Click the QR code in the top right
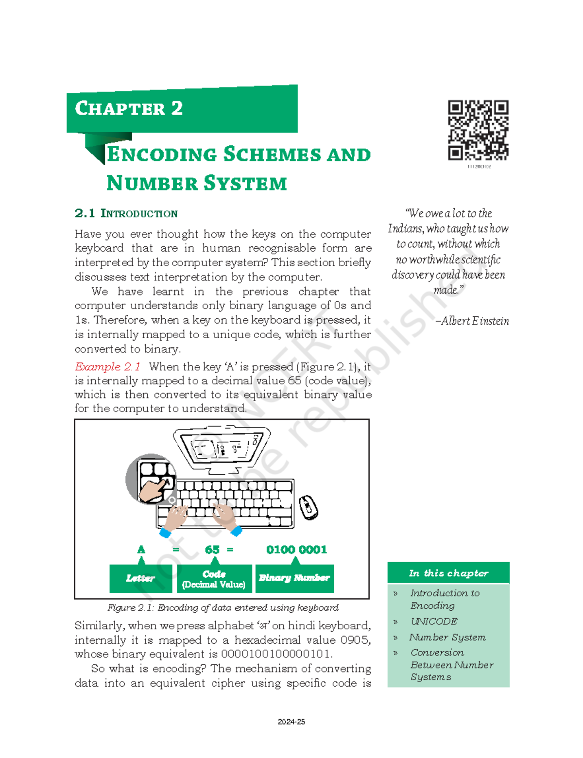click(478, 130)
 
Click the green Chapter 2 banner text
click(129, 108)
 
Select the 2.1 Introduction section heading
click(126, 213)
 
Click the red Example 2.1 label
click(107, 366)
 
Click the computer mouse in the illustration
click(308, 507)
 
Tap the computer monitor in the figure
click(222, 446)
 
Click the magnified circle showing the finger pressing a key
click(151, 479)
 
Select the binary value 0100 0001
click(296, 550)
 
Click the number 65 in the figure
click(212, 550)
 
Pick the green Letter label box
click(140, 578)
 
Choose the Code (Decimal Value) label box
click(214, 579)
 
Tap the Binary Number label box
click(294, 578)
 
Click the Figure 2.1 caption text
click(223, 607)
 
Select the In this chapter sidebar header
click(448, 573)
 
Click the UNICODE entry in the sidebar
click(434, 621)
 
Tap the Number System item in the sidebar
click(447, 637)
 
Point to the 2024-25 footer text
click(291, 722)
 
